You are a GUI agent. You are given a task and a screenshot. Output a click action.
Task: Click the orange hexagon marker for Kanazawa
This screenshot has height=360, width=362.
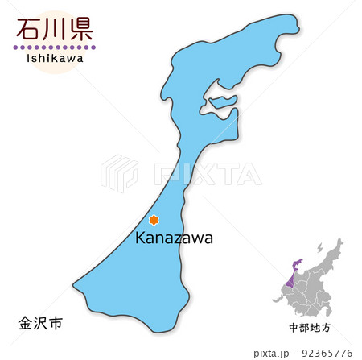pyautogui.click(x=154, y=219)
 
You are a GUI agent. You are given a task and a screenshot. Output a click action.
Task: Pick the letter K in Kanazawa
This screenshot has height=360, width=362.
pyautogui.click(x=139, y=238)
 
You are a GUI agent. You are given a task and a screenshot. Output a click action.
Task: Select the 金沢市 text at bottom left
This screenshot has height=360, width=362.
pyautogui.click(x=39, y=323)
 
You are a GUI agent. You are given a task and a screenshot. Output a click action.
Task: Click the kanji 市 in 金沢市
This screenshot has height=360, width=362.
pyautogui.click(x=55, y=323)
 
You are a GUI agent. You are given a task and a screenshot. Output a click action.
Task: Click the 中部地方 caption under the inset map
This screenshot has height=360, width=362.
pyautogui.click(x=310, y=328)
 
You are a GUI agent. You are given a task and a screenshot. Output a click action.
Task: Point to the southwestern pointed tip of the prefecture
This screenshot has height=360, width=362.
pyautogui.click(x=76, y=284)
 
